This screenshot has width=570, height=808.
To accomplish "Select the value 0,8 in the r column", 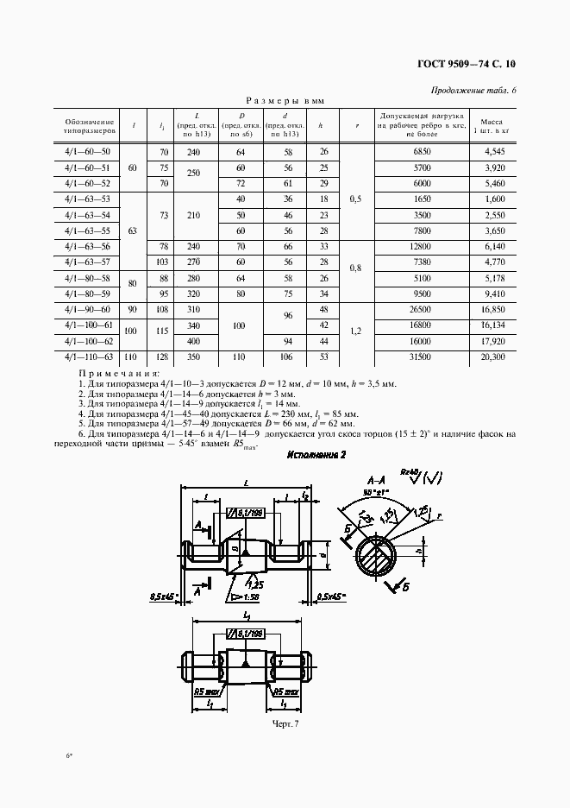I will pyautogui.click(x=355, y=268).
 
